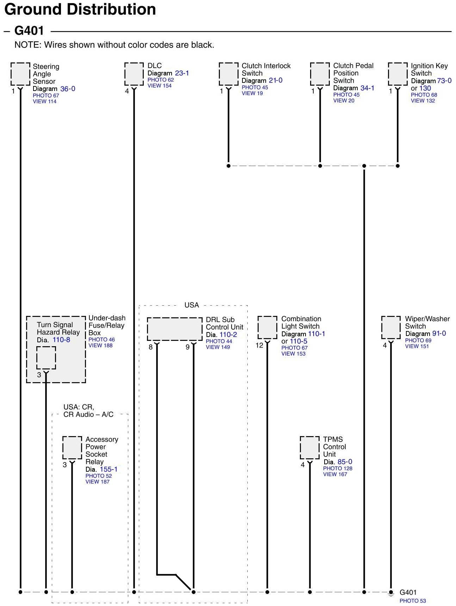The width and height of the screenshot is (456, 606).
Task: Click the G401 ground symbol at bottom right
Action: coord(390,593)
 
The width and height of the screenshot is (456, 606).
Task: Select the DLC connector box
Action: coord(134,74)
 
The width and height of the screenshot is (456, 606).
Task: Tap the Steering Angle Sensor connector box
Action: coord(20,74)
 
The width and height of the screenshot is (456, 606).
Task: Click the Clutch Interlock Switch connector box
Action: coord(228,74)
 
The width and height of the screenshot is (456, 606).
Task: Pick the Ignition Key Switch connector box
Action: coord(398,74)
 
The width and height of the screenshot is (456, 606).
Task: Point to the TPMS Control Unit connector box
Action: coord(309,448)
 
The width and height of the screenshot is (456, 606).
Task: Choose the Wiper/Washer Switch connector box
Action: coord(390,327)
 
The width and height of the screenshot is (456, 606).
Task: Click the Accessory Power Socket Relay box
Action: coord(72,448)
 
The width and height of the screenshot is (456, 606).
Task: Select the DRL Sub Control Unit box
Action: coord(174,329)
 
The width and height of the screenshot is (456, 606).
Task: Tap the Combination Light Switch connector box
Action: coord(267,327)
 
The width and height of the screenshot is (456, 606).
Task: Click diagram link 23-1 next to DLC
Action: coord(182,73)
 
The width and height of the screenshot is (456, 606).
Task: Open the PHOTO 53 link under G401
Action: coord(412,601)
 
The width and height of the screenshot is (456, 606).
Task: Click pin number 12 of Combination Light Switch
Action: coord(259,345)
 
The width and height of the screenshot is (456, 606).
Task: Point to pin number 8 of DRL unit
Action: coord(150,347)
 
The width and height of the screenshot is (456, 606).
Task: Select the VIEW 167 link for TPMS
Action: coord(335,474)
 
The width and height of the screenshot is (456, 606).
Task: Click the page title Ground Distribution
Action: coord(80,9)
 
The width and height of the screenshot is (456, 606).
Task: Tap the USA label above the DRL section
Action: coord(191,305)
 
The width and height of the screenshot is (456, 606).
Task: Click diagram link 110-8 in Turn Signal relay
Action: coord(61,340)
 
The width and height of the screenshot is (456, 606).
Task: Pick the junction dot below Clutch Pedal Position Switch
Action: coord(320,166)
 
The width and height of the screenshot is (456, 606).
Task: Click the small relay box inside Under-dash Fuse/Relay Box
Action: coord(46,357)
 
